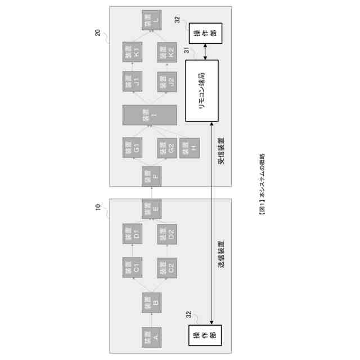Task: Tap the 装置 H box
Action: [190, 147]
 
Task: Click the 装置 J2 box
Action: [168, 82]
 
